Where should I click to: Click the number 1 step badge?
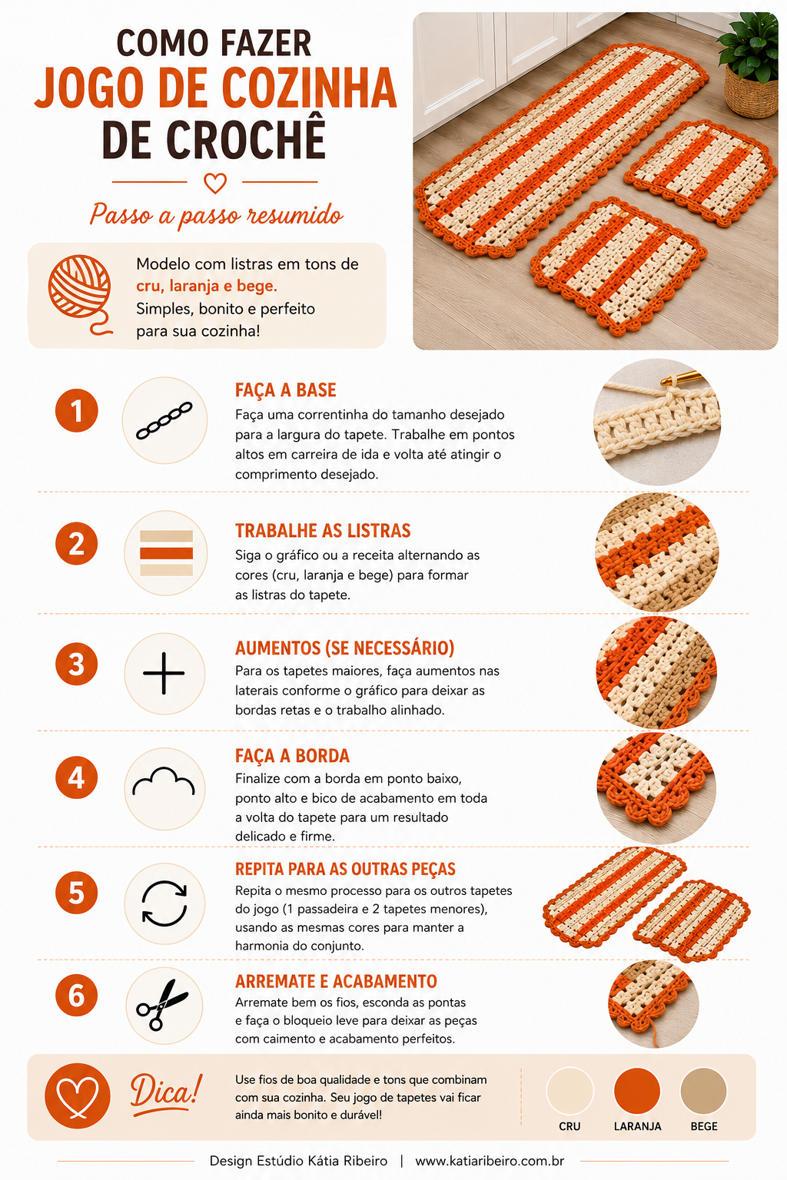click(x=76, y=410)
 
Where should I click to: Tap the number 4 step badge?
click(x=76, y=777)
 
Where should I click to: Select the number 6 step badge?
click(x=76, y=995)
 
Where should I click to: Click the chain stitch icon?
click(x=164, y=420)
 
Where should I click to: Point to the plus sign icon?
click(x=164, y=673)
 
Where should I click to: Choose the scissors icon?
click(x=162, y=1005)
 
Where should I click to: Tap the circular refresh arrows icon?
click(x=164, y=903)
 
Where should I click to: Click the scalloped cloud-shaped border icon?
click(x=164, y=781)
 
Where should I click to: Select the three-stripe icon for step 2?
click(x=166, y=553)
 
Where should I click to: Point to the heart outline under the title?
click(x=215, y=184)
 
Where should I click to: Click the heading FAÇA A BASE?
click(x=286, y=389)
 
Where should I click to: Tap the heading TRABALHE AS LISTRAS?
click(x=323, y=531)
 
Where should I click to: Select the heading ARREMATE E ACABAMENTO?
click(x=336, y=981)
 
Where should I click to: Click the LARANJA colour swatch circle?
click(x=637, y=1091)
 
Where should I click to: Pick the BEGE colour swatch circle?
click(x=704, y=1091)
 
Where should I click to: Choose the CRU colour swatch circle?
click(x=569, y=1091)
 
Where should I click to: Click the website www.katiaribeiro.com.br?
click(x=490, y=1161)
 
